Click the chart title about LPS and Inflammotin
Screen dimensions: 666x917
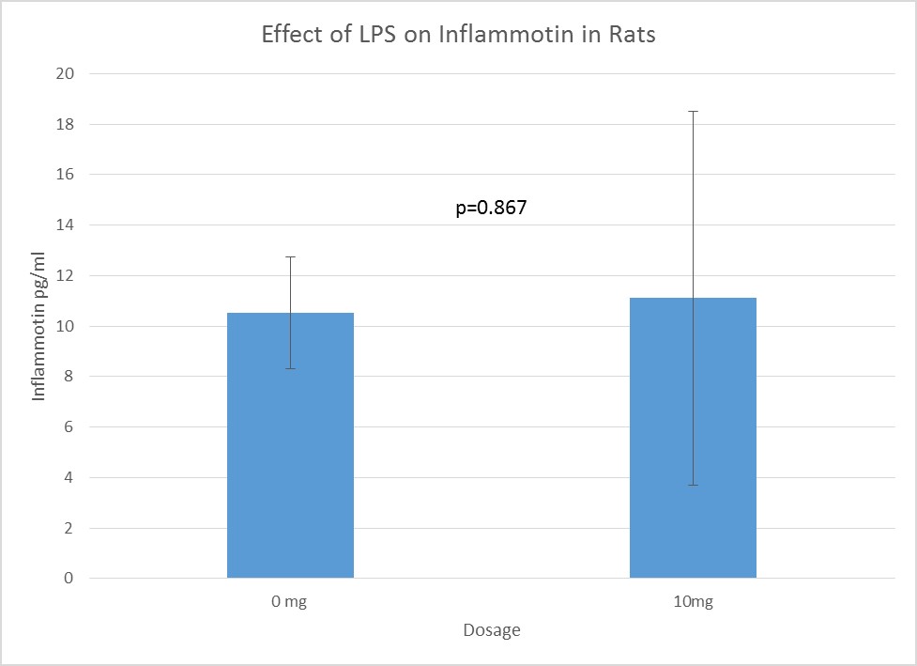458,36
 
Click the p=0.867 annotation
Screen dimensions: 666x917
491,209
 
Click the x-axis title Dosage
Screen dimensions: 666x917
491,630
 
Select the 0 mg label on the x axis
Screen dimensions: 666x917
290,602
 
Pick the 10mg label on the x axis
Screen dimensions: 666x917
693,602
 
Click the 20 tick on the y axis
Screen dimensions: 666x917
68,73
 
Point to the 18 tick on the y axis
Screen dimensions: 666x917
68,124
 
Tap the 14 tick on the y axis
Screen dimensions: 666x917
68,225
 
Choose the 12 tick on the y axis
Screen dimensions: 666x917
68,276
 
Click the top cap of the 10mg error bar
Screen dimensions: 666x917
693,111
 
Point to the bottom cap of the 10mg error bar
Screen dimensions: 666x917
693,485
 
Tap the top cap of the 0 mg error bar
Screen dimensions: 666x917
290,256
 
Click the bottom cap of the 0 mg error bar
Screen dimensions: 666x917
290,368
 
